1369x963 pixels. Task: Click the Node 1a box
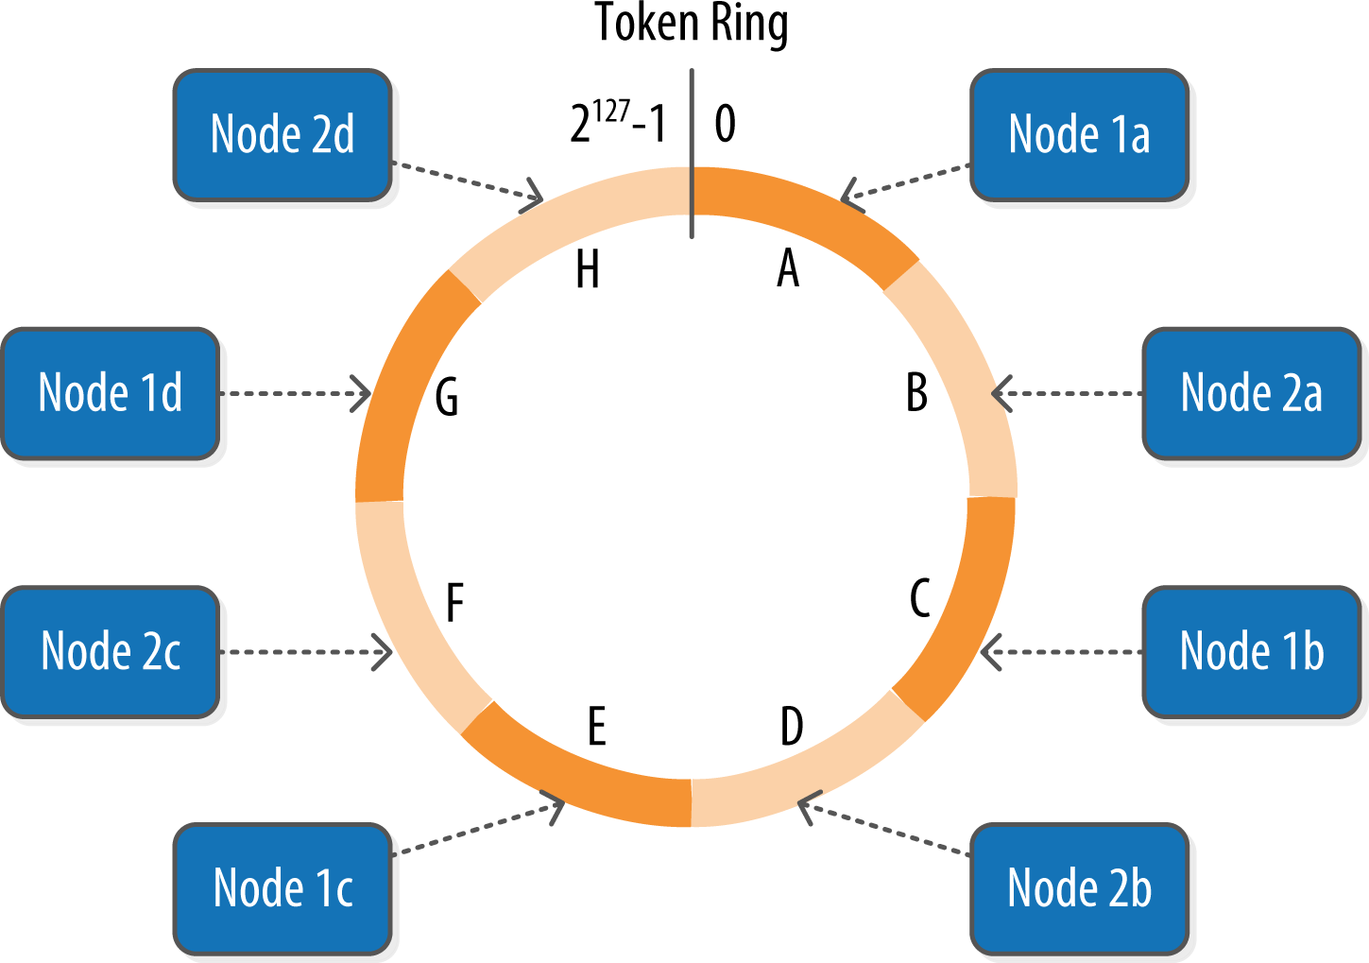pos(1079,134)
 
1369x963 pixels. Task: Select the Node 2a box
pos(1251,393)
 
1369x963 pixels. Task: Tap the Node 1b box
pos(1251,651)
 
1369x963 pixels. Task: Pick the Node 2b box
pos(1079,888)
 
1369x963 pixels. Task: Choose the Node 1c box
pos(282,888)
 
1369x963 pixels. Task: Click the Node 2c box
pos(111,651)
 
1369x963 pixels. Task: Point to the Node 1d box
pos(111,393)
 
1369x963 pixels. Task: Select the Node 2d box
pos(282,134)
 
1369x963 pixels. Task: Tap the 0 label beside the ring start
pos(725,124)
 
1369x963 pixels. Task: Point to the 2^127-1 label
pos(618,124)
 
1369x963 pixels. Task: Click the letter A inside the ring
pos(788,268)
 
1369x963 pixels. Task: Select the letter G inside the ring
pos(447,397)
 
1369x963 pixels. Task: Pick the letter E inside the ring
pos(596,727)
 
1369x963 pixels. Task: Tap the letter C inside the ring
pos(920,598)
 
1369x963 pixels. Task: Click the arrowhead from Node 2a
pos(1001,393)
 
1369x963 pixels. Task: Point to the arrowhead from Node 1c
pos(556,806)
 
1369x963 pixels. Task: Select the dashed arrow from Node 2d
pos(463,181)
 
